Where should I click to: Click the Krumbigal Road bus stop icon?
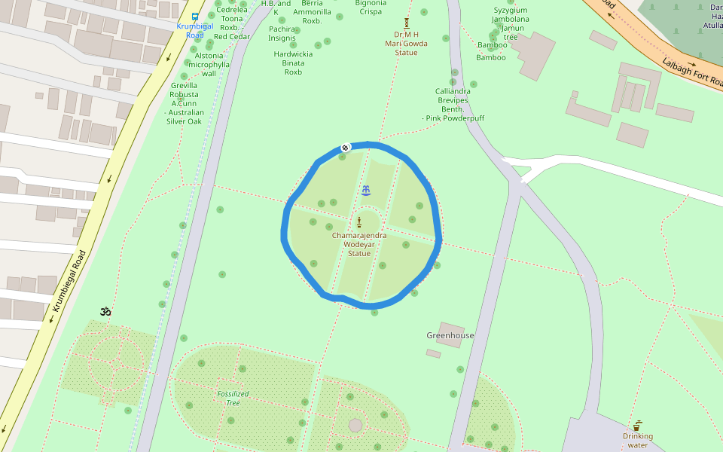195,16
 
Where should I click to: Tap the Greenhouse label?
450,335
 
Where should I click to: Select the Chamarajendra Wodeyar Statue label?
359,244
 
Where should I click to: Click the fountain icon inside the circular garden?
366,189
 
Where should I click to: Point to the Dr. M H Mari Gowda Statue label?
406,43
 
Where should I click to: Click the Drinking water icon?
638,425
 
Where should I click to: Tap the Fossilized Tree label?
228,398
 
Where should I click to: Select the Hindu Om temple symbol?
105,311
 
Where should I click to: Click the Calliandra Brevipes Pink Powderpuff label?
453,105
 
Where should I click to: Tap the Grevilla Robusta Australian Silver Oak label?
185,104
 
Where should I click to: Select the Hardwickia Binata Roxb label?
293,63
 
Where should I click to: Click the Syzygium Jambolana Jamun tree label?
511,23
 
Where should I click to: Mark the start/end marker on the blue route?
344,148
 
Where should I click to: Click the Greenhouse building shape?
450,334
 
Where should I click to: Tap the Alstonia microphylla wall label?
209,64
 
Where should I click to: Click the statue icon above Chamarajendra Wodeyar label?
359,221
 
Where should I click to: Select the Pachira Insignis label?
282,33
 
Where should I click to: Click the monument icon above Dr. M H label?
407,23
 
